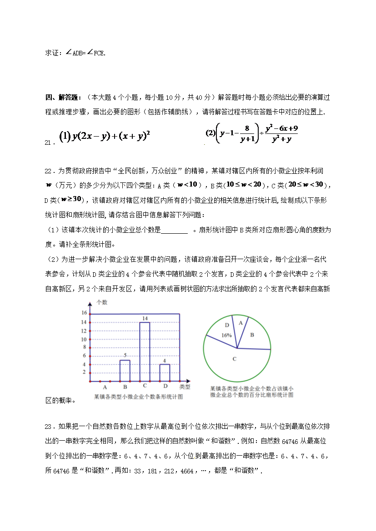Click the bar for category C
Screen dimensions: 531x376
point(145,352)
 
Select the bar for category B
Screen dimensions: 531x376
point(125,370)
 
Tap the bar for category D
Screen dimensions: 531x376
point(165,372)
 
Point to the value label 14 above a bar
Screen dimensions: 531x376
point(145,319)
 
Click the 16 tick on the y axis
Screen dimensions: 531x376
point(84,313)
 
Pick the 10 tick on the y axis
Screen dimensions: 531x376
point(84,339)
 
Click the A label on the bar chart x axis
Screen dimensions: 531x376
point(105,387)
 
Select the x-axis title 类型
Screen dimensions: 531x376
point(185,387)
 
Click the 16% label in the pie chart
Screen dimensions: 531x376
point(226,335)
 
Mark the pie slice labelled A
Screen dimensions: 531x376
point(241,322)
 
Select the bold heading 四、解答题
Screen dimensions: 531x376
point(64,98)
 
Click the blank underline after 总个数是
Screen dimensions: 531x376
point(175,231)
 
